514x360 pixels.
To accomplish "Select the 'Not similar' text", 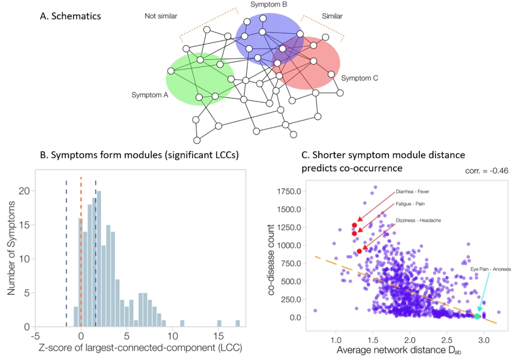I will [160, 16].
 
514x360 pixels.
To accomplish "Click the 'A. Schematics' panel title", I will [70, 15].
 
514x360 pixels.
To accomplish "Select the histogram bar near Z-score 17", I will [237, 323].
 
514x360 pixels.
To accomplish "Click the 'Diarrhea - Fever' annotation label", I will [412, 192].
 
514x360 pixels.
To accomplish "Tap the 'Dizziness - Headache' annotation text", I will [418, 220].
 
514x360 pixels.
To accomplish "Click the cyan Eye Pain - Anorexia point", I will [477, 316].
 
